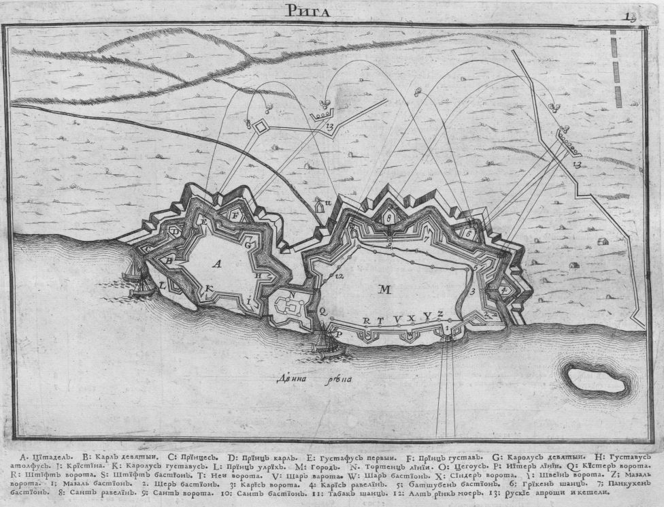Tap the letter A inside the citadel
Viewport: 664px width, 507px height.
pos(217,263)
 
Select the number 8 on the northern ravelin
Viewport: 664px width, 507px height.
pos(388,217)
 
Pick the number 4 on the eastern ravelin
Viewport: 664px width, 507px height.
pos(503,290)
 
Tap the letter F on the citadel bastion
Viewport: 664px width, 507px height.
pos(235,215)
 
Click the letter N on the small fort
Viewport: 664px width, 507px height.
pos(292,295)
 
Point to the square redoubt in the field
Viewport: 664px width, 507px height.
pos(261,126)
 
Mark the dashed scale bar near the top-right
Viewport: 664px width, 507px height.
pos(616,71)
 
